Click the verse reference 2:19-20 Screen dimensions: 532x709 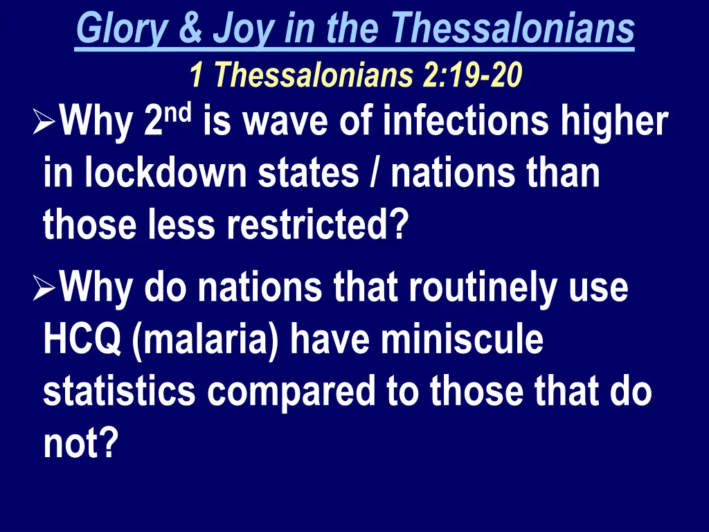point(471,75)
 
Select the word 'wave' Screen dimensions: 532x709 point(285,123)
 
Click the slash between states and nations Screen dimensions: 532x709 point(375,174)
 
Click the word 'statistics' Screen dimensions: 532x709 point(120,391)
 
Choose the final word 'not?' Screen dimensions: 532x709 point(78,443)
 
